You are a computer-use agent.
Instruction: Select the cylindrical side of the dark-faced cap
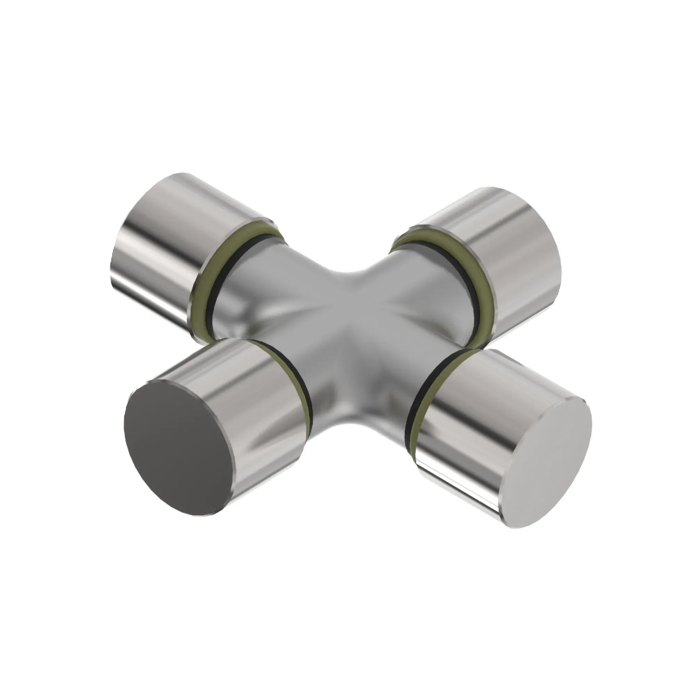pos(252,389)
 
